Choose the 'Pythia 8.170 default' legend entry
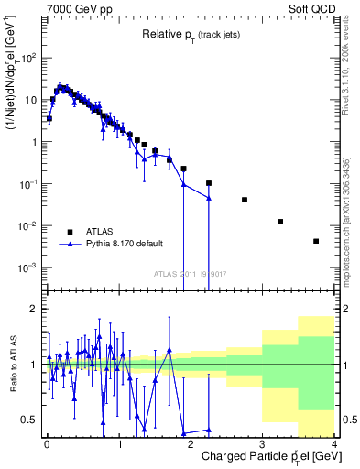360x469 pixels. tap(124, 244)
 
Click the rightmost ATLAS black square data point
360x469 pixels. tap(316, 241)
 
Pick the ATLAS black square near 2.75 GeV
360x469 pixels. tap(245, 200)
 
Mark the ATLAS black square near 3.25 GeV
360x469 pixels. tap(280, 222)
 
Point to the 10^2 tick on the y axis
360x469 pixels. tap(29, 58)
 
